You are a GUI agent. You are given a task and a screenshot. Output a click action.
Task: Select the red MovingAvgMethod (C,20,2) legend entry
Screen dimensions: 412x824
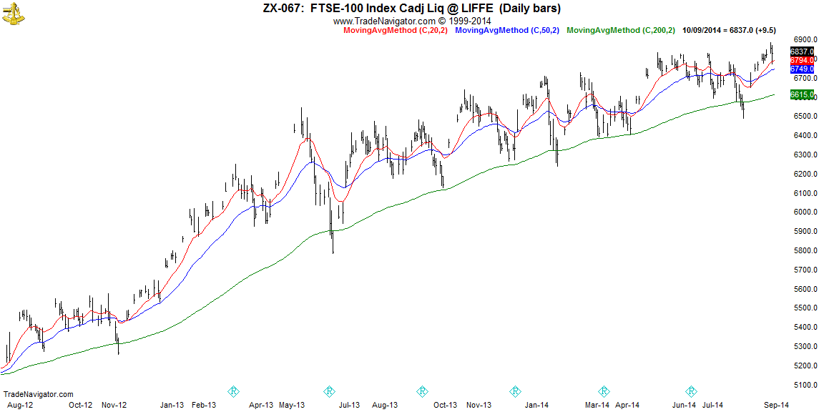(396, 31)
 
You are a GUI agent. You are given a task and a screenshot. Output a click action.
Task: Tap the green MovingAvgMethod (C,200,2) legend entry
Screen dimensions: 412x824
(621, 31)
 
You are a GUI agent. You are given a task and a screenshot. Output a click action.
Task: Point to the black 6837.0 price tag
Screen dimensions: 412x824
(802, 51)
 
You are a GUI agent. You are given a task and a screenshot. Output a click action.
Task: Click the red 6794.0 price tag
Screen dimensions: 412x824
(802, 61)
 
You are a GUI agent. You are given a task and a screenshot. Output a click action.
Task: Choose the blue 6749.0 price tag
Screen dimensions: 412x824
(802, 69)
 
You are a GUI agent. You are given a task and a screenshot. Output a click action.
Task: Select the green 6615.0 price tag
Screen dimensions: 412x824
(802, 94)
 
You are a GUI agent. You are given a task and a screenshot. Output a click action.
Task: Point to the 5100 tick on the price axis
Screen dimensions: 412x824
(806, 385)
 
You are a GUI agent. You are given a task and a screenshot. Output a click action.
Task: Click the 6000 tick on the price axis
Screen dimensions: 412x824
(806, 212)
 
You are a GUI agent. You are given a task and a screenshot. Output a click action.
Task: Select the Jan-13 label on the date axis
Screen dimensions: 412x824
(172, 405)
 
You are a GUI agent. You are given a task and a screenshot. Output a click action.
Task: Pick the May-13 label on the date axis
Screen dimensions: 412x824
(292, 405)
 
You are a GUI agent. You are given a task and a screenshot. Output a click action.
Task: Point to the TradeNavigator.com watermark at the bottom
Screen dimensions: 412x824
(39, 394)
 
